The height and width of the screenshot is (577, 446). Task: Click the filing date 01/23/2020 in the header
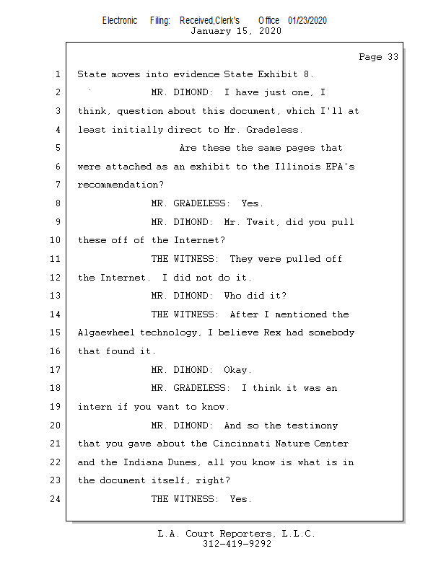point(307,20)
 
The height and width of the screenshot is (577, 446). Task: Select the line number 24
point(57,498)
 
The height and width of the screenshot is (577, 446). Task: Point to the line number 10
point(57,240)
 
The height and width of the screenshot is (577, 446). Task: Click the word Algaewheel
point(105,332)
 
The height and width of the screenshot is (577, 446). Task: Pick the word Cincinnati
point(241,444)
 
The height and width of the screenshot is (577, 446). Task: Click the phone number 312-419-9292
point(237,544)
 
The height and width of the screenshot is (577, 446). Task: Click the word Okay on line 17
point(237,370)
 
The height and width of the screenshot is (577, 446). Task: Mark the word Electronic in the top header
point(120,20)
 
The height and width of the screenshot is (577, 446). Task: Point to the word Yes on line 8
point(252,203)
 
